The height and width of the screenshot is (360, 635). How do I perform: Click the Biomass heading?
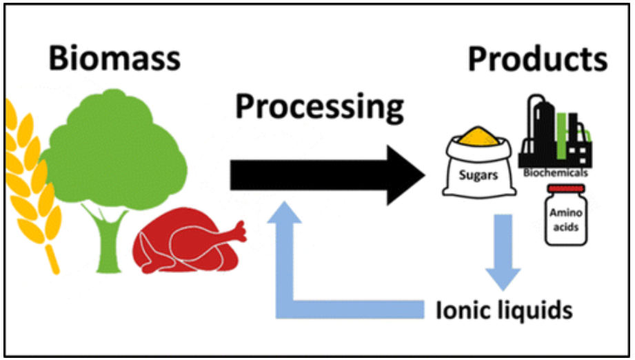pos(114,59)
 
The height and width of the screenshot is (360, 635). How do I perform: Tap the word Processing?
pos(319,108)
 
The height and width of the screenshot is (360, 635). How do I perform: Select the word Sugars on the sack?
pos(478,174)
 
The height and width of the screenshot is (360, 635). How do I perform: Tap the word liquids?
pos(533,310)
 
